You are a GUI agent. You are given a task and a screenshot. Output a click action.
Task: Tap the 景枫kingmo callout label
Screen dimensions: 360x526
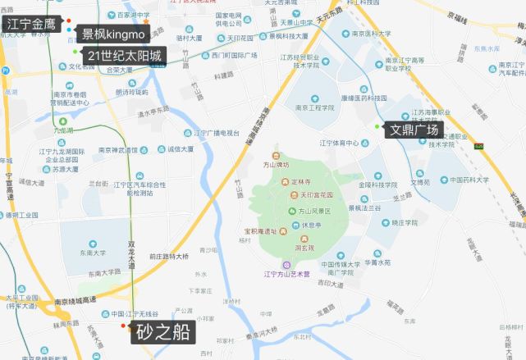tap(113, 34)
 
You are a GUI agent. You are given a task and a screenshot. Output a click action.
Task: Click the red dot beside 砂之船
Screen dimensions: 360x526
tap(124, 326)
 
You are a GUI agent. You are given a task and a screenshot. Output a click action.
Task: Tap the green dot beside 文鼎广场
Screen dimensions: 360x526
tap(377, 125)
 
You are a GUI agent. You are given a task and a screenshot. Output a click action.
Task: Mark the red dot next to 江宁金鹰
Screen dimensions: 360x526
tap(69, 21)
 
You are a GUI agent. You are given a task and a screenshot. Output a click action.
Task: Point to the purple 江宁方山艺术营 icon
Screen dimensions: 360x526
tap(286, 264)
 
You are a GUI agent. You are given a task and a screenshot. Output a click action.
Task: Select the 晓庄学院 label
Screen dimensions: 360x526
tap(405, 222)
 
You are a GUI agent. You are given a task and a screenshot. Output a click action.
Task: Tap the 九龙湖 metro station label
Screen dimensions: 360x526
tap(63, 130)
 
